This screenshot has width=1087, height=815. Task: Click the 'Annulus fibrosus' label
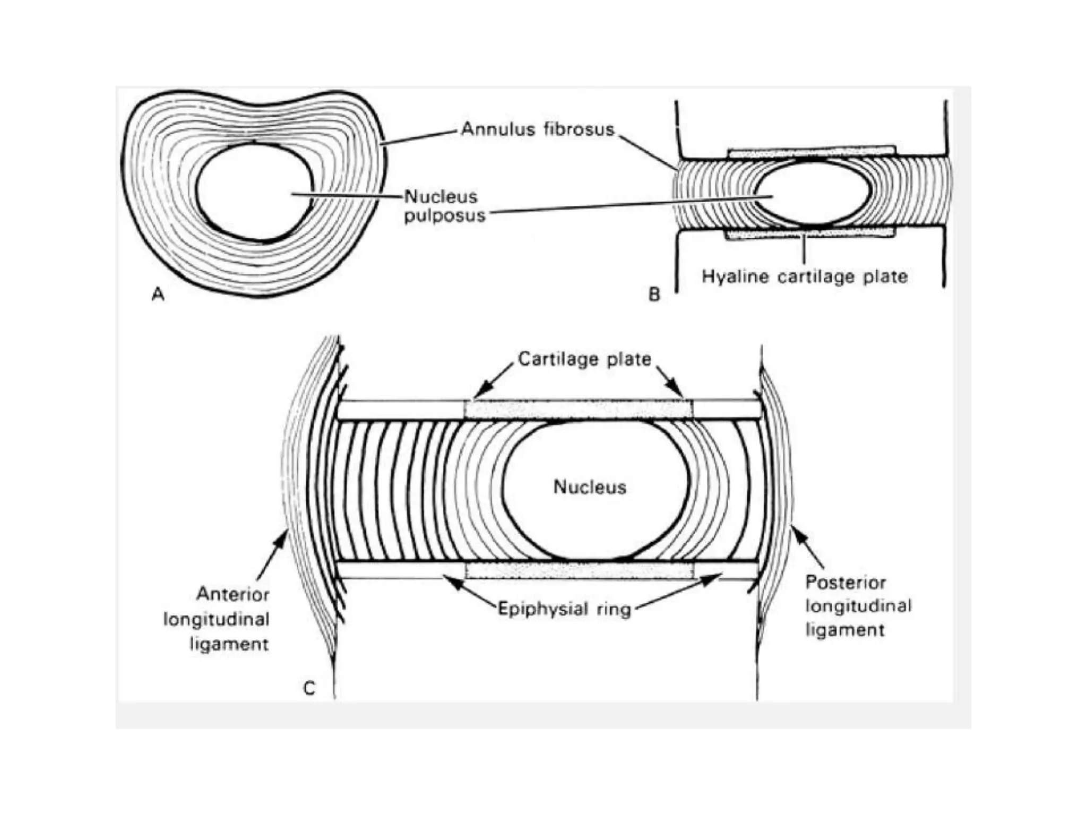pos(537,129)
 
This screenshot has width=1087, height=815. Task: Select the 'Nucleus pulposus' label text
pos(444,206)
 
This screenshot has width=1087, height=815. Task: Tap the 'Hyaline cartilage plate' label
pos(804,276)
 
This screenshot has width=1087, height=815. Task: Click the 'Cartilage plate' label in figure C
pos(584,359)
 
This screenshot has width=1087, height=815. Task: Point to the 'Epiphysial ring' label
pos(564,609)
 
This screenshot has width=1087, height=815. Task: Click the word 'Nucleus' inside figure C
pos(590,487)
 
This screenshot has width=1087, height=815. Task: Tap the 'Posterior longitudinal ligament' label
pos(857,606)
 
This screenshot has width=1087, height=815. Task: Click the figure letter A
pos(158,294)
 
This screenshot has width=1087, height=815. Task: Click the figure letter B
pos(654,294)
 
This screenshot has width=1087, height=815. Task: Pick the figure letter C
pos(309,689)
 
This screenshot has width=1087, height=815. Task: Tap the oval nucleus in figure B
pos(812,193)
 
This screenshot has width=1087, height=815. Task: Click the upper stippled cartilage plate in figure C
pos(579,410)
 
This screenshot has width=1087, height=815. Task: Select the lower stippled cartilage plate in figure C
pos(579,570)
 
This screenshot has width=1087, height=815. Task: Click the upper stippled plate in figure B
pos(811,153)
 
